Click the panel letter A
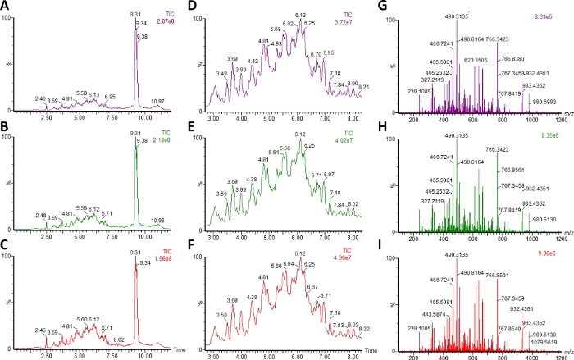click(x=6, y=7)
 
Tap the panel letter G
click(x=387, y=7)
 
